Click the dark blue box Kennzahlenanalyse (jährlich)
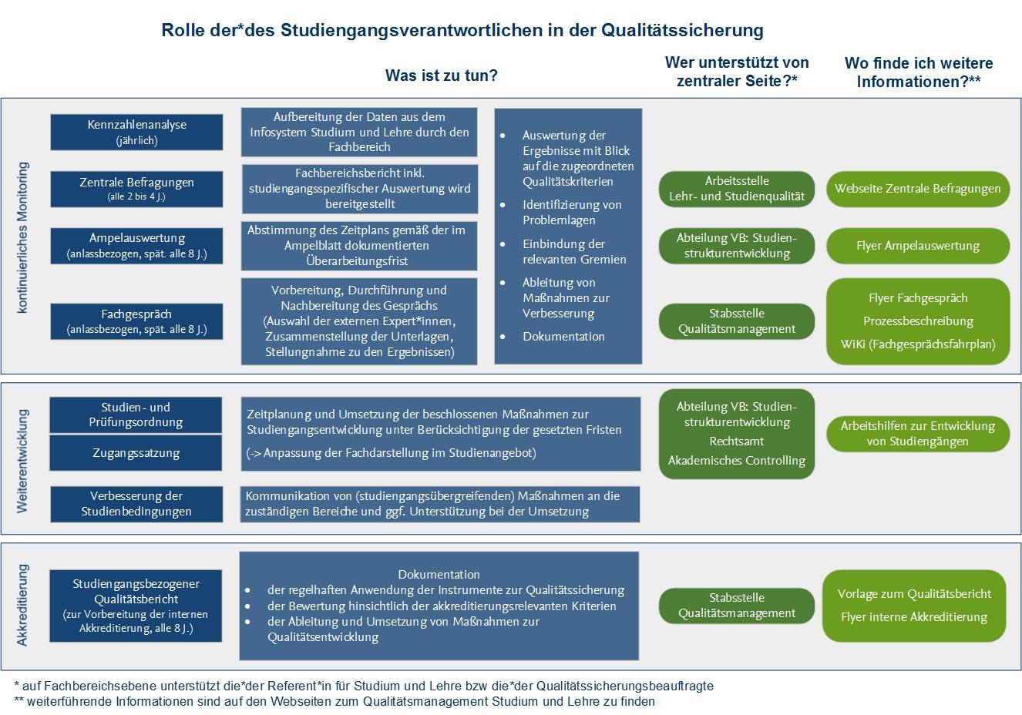point(136,133)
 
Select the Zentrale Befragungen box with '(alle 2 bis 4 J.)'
point(136,189)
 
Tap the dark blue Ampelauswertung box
point(136,245)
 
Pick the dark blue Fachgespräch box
point(136,321)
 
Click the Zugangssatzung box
point(136,453)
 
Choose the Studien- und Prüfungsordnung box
point(136,415)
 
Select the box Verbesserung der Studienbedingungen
point(136,503)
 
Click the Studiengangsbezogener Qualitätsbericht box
point(136,606)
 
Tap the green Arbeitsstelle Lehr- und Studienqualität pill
point(736,189)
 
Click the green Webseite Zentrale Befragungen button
point(917,189)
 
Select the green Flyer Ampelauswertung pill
point(917,246)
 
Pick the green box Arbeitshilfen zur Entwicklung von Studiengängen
point(917,433)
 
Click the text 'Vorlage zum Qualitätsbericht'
point(914,593)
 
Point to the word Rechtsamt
point(736,441)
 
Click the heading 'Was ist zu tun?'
point(441,76)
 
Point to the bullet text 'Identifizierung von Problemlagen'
point(571,212)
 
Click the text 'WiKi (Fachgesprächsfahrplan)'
point(917,344)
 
